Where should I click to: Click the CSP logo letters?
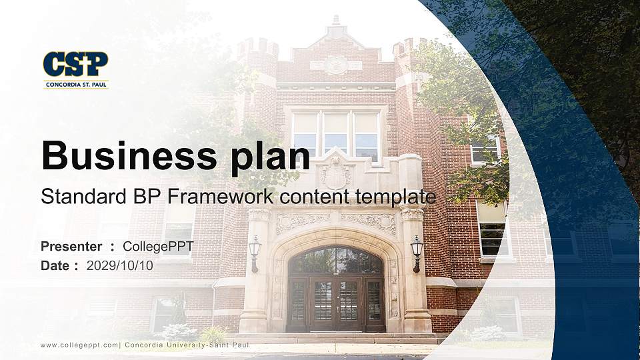[x=75, y=65]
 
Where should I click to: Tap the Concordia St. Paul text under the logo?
[x=75, y=85]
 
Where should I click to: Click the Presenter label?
[x=71, y=247]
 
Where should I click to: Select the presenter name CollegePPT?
[x=158, y=247]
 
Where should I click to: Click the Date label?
[x=55, y=265]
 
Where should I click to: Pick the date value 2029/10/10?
[x=120, y=265]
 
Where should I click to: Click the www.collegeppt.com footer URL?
[x=79, y=345]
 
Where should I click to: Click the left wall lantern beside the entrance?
[x=254, y=251]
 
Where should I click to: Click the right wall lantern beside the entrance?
[x=417, y=251]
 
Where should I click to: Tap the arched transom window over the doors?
[x=335, y=261]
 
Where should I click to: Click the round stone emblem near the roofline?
[x=336, y=65]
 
